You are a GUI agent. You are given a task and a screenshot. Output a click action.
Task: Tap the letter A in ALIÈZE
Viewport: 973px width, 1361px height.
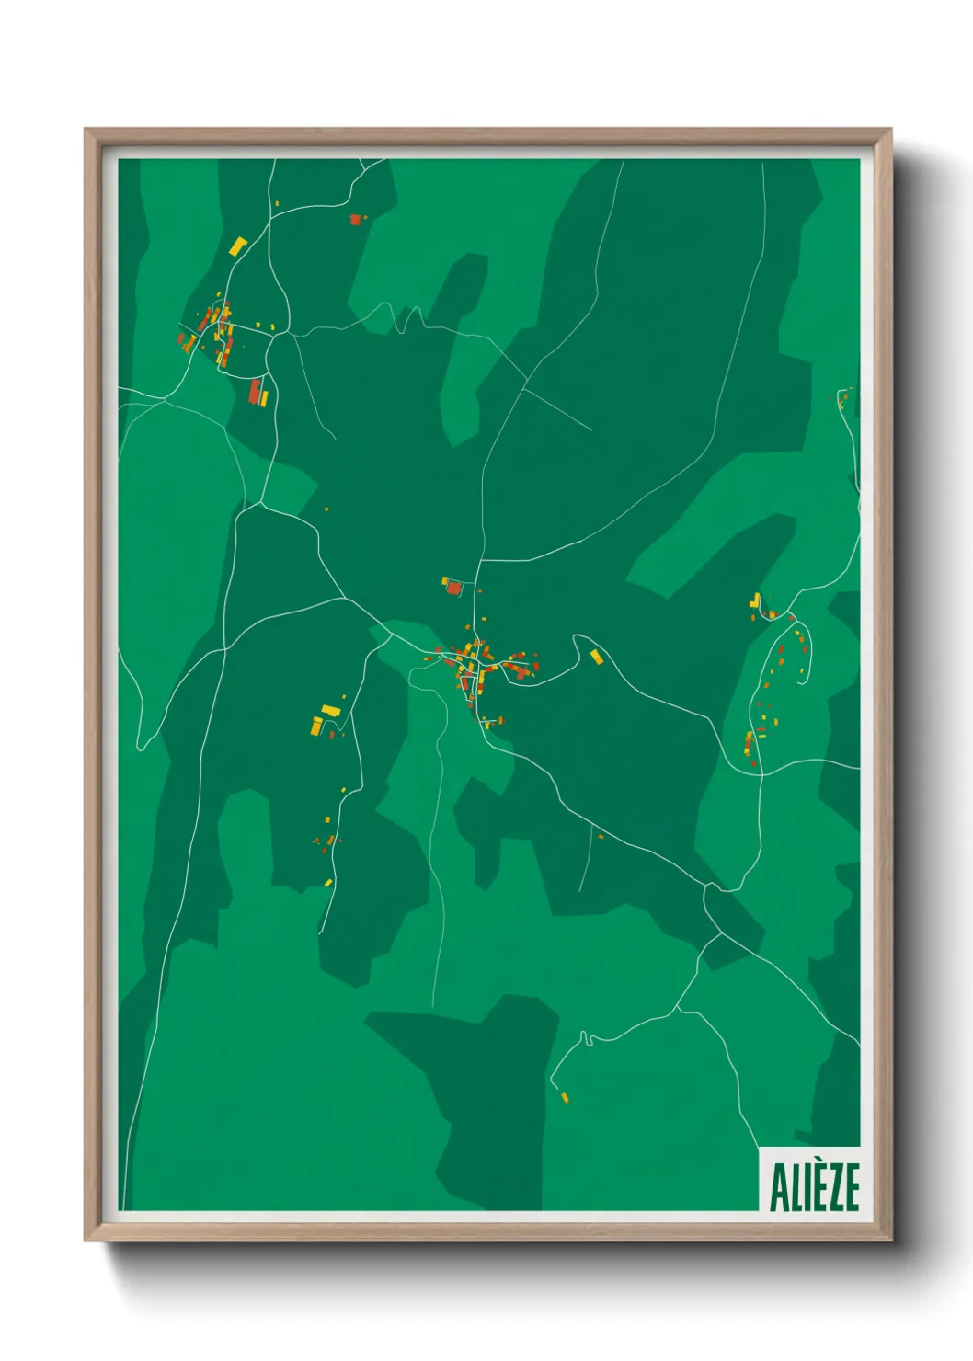(779, 1187)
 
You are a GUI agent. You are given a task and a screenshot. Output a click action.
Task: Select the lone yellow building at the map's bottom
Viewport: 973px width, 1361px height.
(564, 1096)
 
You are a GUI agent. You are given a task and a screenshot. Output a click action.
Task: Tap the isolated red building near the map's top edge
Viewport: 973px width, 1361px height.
(354, 219)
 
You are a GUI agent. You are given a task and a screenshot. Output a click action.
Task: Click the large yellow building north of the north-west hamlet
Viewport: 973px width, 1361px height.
(237, 246)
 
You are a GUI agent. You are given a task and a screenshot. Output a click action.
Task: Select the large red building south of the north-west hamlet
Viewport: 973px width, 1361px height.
(256, 391)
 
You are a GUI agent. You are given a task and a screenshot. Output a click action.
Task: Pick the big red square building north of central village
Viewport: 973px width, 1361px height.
(453, 587)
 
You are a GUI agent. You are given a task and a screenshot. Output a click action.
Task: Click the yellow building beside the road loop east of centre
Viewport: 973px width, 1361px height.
(596, 656)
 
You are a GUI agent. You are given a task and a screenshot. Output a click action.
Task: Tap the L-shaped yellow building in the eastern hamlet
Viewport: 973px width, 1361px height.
(756, 600)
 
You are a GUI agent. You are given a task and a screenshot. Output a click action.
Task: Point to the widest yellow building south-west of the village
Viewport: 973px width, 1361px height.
(330, 710)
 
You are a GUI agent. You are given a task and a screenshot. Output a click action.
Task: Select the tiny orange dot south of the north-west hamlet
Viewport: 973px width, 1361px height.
(326, 509)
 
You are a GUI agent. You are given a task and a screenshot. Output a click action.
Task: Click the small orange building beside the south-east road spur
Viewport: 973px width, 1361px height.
(601, 836)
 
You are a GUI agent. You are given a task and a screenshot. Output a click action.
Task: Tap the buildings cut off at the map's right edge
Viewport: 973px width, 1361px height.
(844, 397)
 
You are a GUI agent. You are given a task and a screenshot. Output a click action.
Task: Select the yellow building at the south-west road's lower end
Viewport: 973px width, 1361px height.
(327, 883)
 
